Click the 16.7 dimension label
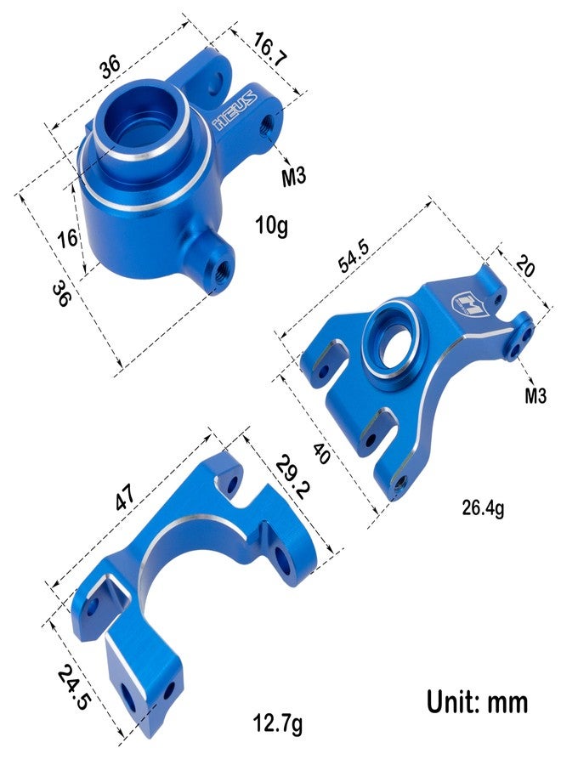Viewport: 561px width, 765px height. pyautogui.click(x=270, y=50)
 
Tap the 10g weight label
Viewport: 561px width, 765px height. pyautogui.click(x=272, y=225)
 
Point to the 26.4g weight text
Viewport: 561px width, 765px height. pyautogui.click(x=483, y=508)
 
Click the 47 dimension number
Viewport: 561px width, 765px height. pyautogui.click(x=125, y=497)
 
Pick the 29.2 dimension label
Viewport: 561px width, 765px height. pyautogui.click(x=292, y=477)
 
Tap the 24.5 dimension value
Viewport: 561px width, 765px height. pyautogui.click(x=74, y=688)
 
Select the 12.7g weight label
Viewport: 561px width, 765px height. pyautogui.click(x=278, y=723)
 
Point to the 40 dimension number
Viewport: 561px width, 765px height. pyautogui.click(x=321, y=454)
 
